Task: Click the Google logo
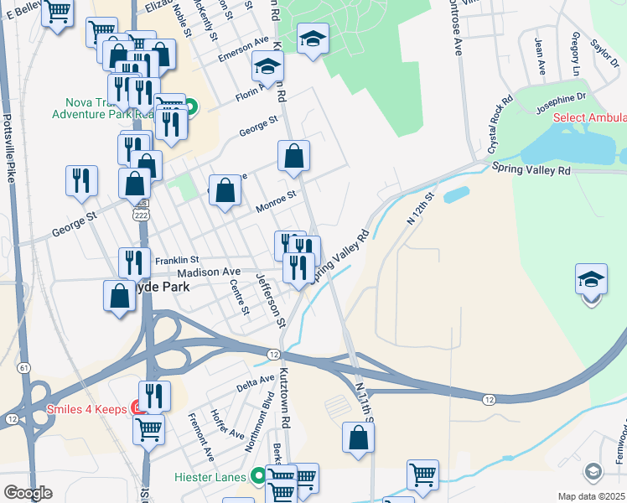click(x=28, y=493)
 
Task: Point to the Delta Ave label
click(x=256, y=382)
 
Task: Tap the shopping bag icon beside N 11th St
click(x=358, y=437)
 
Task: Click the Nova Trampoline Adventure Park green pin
click(x=191, y=106)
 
